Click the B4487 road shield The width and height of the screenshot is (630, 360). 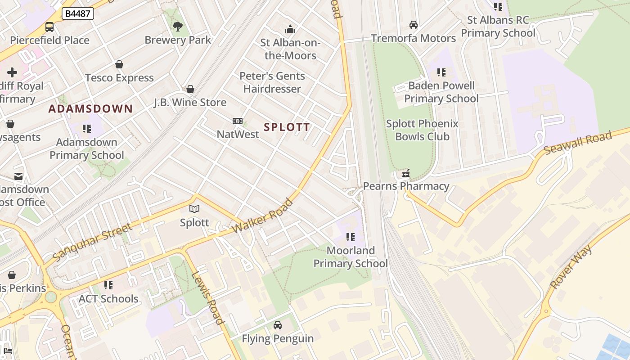pos(77,13)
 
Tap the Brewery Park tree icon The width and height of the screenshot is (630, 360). pos(178,27)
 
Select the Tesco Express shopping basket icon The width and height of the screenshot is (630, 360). pos(119,65)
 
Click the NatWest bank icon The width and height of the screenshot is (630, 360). pos(238,121)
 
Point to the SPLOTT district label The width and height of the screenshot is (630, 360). pos(287,127)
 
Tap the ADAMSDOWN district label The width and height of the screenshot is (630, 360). pos(90,108)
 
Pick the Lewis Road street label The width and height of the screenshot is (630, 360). pos(208,298)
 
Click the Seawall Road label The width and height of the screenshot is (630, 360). pos(578,143)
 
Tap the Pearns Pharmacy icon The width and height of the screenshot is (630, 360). pos(406,173)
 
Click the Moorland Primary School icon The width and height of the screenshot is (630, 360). pos(351,237)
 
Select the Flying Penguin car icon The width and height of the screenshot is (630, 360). pos(278,325)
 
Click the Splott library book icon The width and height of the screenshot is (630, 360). pos(194,209)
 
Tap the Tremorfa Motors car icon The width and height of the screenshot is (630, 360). pos(413,25)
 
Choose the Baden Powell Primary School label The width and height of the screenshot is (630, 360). pos(441,92)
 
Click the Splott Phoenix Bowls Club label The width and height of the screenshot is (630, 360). pos(422,130)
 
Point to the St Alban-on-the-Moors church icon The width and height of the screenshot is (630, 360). pos(290,30)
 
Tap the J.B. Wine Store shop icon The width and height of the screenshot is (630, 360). pos(190,89)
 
